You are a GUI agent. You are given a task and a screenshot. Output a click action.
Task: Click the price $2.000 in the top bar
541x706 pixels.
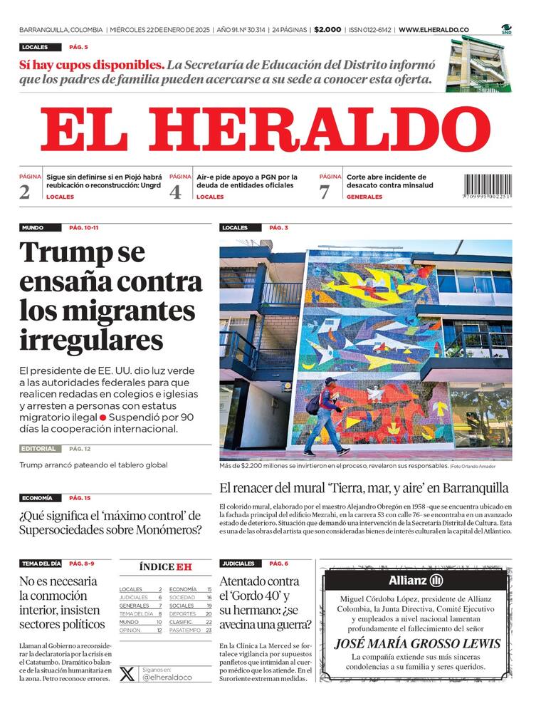pos(327,30)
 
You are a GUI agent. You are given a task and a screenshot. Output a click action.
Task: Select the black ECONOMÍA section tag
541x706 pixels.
pos(37,498)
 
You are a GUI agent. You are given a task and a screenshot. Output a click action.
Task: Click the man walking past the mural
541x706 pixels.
pos(325,417)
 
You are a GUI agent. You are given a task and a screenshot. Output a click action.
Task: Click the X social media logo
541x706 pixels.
pos(127,673)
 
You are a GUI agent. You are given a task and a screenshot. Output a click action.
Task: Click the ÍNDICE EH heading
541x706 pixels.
pos(166,567)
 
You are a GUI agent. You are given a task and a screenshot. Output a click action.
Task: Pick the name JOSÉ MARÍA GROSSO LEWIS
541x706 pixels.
pos(417,644)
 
